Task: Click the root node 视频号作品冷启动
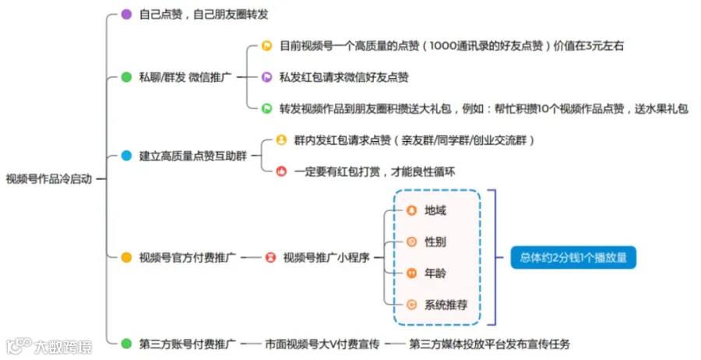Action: tap(49, 179)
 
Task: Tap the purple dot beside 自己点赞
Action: tap(126, 14)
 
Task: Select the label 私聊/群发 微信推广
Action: tap(185, 77)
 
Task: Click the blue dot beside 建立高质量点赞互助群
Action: tap(126, 156)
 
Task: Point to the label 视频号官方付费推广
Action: tap(187, 258)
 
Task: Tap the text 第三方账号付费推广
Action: tap(187, 344)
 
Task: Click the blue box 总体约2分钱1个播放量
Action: tap(573, 258)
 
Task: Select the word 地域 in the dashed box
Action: tap(435, 210)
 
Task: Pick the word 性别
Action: tap(435, 242)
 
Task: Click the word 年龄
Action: tap(435, 274)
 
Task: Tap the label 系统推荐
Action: tap(446, 305)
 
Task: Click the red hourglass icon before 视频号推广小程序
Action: tap(270, 258)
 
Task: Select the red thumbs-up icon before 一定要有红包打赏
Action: tap(281, 171)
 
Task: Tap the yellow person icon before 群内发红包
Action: tap(281, 140)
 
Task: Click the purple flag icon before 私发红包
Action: tap(267, 77)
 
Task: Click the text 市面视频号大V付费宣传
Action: tap(322, 344)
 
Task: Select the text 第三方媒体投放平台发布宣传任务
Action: tap(490, 344)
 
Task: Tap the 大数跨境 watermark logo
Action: tap(49, 347)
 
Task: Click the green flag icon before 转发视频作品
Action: tap(267, 108)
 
